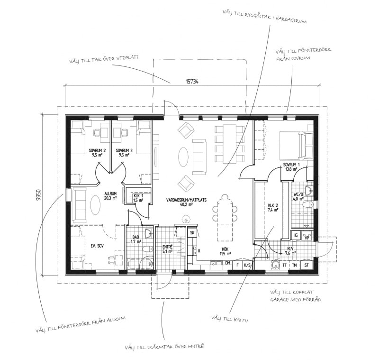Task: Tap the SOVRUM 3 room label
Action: pyautogui.click(x=124, y=153)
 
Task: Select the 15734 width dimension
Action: pyautogui.click(x=192, y=82)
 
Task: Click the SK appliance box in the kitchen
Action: pyautogui.click(x=192, y=233)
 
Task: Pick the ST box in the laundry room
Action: pyautogui.click(x=307, y=265)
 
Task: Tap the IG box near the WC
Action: pyautogui.click(x=296, y=235)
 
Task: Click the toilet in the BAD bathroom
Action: pyautogui.click(x=148, y=249)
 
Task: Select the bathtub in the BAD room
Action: pyautogui.click(x=141, y=264)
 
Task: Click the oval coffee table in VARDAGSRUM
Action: pyautogui.click(x=183, y=157)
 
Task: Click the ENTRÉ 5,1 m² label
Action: pyautogui.click(x=167, y=249)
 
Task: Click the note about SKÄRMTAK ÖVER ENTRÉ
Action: pyautogui.click(x=164, y=347)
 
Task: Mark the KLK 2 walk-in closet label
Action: pyautogui.click(x=273, y=208)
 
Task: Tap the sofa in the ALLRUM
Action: pyautogui.click(x=79, y=205)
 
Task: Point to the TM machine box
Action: pyautogui.click(x=294, y=265)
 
